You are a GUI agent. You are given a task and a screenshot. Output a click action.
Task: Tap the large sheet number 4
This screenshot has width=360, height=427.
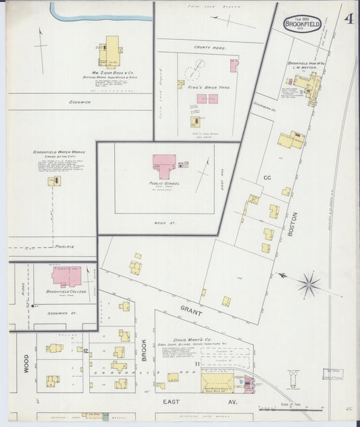348,18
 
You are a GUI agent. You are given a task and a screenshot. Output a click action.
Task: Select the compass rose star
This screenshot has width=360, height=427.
309,284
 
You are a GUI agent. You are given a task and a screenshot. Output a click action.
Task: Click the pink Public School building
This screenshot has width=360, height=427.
165,163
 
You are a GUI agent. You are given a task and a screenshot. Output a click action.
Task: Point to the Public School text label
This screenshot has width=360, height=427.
167,182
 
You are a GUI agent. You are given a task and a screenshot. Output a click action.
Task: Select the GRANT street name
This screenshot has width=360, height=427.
192,310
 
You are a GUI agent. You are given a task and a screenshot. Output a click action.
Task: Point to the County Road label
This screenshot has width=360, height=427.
208,48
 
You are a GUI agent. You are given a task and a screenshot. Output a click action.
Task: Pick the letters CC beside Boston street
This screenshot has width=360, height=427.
267,177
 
